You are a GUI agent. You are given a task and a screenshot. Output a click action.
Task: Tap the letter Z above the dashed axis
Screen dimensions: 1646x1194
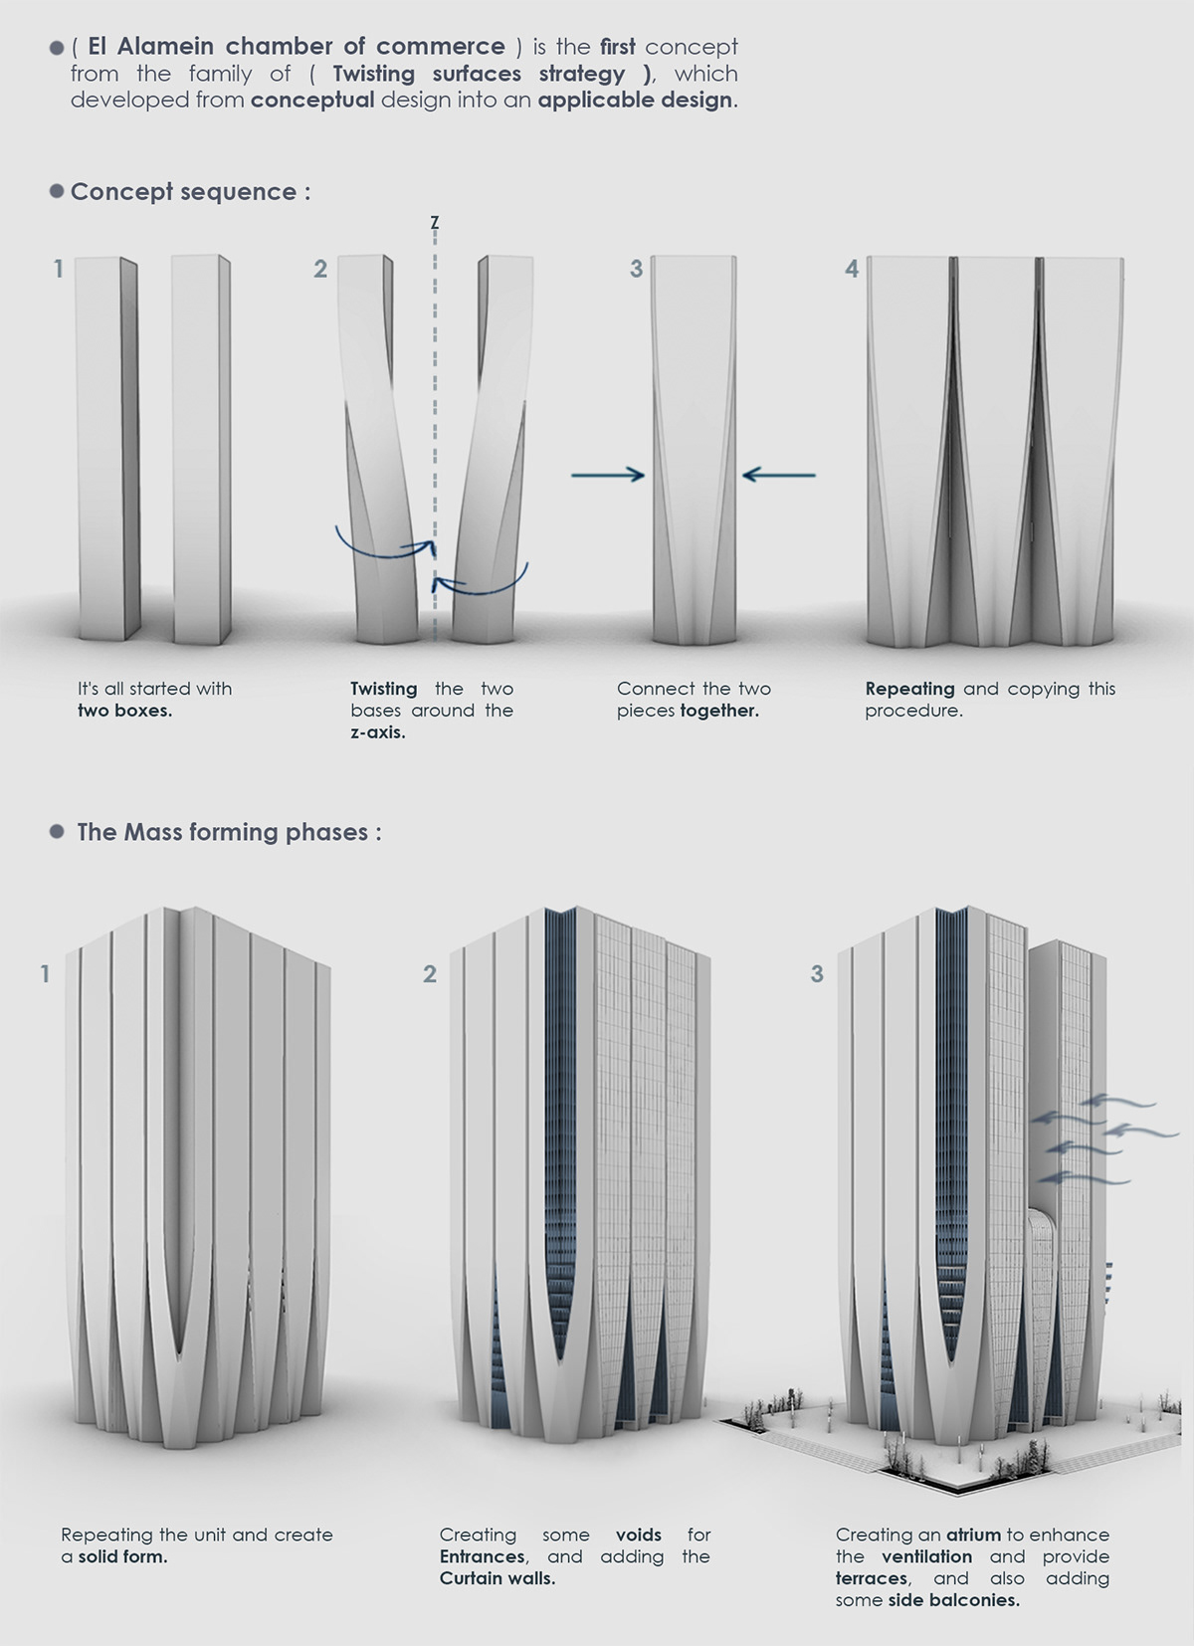point(435,222)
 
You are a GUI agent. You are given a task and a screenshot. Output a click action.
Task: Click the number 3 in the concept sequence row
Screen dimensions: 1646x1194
point(636,269)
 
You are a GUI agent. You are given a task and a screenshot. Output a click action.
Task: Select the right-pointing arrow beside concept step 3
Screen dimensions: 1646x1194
point(608,476)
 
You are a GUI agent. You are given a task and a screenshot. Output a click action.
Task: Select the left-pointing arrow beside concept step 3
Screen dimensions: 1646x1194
point(778,476)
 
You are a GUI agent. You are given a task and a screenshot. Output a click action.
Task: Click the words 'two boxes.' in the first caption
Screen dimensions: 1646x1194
point(124,711)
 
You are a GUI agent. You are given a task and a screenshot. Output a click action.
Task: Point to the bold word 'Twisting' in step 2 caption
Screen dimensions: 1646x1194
point(383,689)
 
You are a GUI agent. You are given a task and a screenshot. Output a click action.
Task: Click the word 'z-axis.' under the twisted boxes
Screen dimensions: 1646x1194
point(378,732)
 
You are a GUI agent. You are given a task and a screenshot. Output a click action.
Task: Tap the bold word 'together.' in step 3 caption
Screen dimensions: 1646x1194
point(719,711)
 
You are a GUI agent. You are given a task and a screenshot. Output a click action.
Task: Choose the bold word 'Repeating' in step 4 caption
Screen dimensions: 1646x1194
point(909,689)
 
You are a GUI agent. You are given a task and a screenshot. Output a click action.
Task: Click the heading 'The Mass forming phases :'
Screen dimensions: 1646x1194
point(229,832)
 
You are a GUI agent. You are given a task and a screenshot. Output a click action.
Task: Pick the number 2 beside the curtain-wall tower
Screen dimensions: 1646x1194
point(430,973)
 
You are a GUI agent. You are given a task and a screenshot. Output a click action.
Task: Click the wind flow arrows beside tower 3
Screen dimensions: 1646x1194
point(1099,1139)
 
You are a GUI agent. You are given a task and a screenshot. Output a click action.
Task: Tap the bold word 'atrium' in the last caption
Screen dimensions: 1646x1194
point(972,1535)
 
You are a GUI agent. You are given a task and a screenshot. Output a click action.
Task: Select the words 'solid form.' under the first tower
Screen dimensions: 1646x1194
point(122,1556)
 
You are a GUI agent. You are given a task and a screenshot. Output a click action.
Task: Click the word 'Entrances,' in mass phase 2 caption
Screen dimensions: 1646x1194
point(484,1556)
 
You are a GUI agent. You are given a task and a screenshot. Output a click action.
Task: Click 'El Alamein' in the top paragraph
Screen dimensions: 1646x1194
point(147,47)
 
